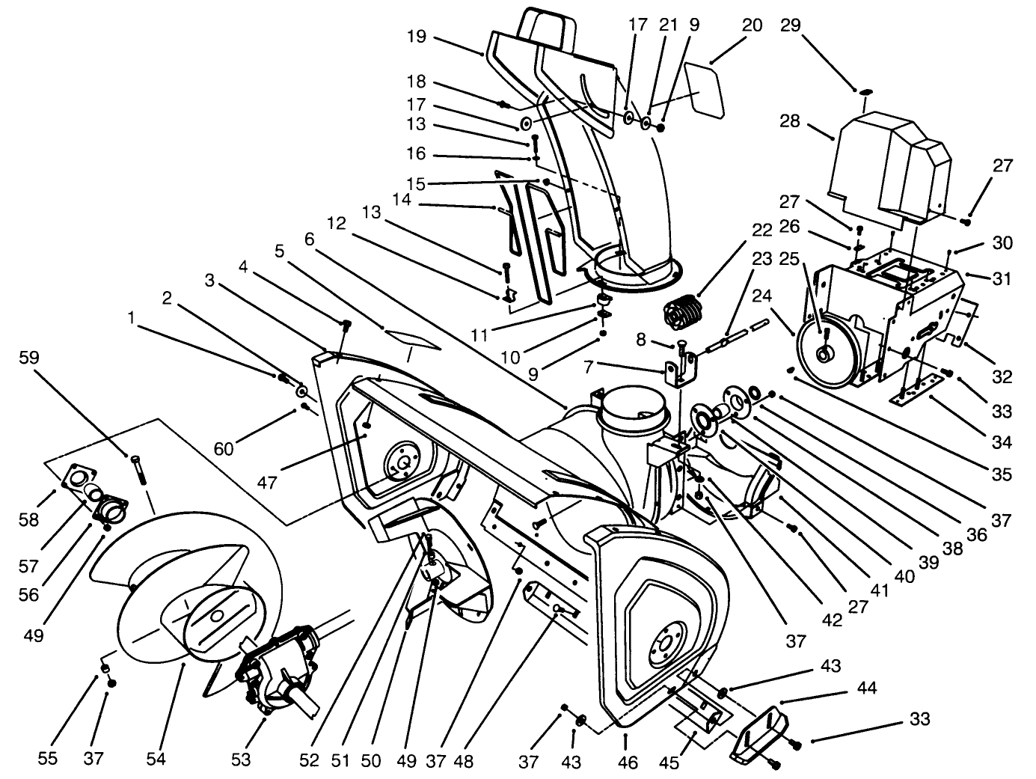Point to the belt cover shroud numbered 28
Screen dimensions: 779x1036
pos(890,165)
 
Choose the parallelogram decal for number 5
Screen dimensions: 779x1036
pos(411,339)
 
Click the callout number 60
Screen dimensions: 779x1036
pos(224,448)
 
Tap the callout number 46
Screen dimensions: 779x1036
pos(628,763)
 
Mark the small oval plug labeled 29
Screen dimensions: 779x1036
pos(865,91)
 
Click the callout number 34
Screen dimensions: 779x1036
pos(1002,442)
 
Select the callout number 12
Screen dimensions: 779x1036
pos(336,223)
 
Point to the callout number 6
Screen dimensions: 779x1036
pos(310,239)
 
